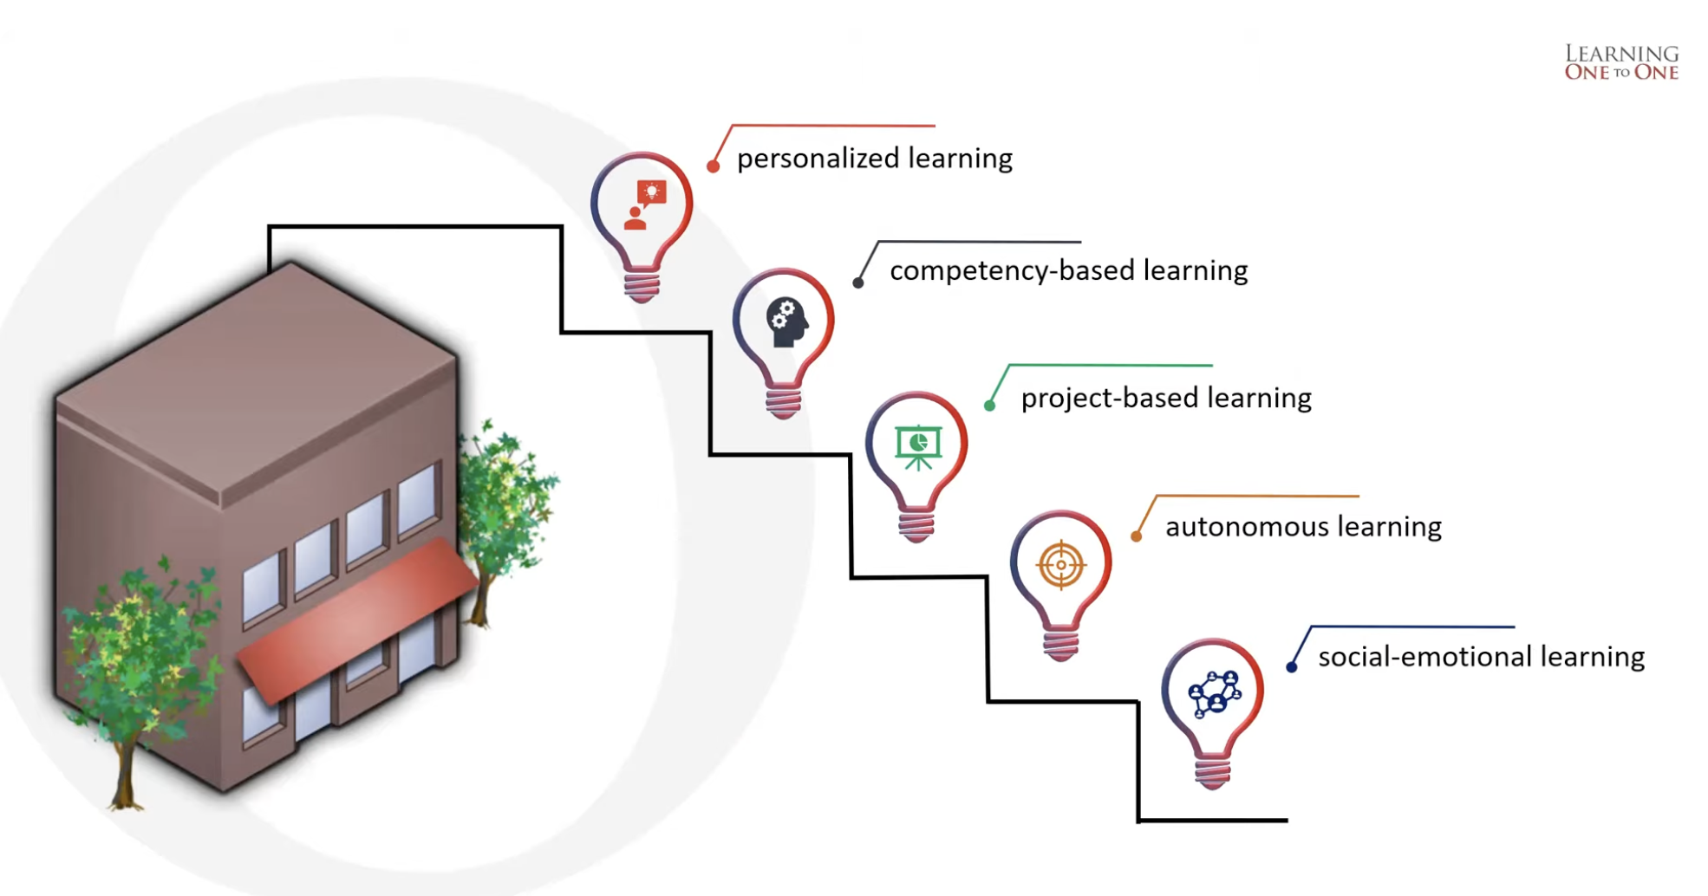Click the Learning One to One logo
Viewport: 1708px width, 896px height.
point(1621,62)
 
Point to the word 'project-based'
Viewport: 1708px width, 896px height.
point(1110,398)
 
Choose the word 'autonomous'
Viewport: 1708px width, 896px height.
point(1247,527)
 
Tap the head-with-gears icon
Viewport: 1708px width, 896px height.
point(787,322)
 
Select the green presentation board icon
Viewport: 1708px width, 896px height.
point(918,446)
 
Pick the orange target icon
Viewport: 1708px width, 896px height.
point(1060,565)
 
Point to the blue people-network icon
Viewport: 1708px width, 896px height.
point(1214,693)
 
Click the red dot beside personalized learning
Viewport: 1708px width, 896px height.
point(713,166)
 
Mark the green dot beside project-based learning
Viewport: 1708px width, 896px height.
point(989,406)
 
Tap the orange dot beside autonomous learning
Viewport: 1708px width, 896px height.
point(1136,536)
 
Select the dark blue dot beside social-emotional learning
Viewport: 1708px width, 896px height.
point(1291,666)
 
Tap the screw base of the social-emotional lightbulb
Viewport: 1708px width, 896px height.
point(1212,770)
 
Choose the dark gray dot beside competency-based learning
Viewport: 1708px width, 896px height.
point(857,282)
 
